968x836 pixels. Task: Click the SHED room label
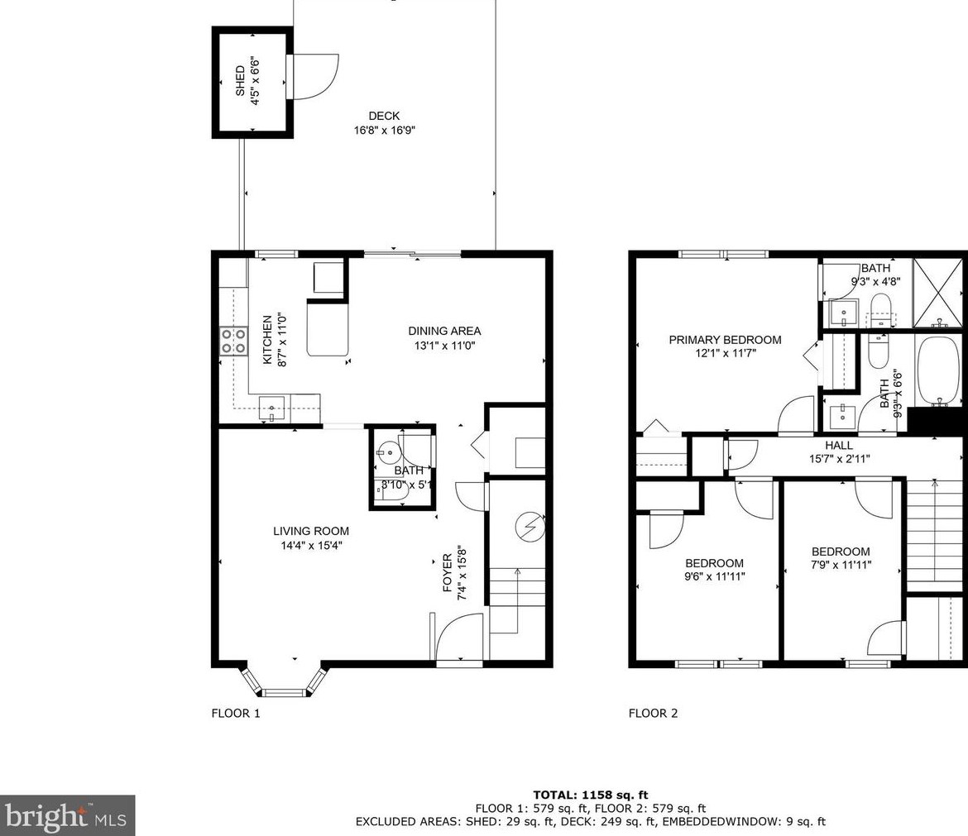[x=240, y=81]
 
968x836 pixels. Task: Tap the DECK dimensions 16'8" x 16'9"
[x=384, y=130]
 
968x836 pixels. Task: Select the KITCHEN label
[x=267, y=340]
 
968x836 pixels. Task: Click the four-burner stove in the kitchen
[x=233, y=342]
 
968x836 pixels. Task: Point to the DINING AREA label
[x=444, y=332]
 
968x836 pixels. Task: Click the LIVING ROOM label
[x=311, y=531]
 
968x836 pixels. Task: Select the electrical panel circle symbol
[x=530, y=526]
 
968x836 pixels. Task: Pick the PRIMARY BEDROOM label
[x=726, y=340]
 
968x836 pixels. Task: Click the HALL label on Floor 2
[x=839, y=446]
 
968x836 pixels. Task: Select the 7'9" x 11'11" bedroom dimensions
[x=841, y=565]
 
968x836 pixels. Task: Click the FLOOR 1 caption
[x=236, y=714]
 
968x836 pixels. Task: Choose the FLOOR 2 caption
[x=653, y=714]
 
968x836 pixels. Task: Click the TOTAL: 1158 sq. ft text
[x=591, y=795]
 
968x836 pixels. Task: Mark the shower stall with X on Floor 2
[x=937, y=293]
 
